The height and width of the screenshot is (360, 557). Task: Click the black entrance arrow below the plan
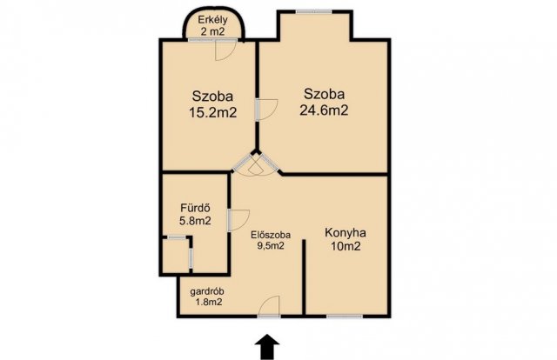267,346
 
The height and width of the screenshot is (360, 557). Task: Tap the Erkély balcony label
212,19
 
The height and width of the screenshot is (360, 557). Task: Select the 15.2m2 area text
212,112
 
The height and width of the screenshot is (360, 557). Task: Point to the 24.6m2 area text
324,110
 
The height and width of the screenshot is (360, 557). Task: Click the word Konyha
346,233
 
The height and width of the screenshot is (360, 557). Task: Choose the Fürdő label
195,207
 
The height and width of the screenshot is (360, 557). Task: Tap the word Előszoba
271,235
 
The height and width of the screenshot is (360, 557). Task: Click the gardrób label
207,292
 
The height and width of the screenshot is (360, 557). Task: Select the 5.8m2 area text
195,221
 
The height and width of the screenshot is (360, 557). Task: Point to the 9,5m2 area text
271,245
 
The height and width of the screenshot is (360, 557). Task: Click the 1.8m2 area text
209,302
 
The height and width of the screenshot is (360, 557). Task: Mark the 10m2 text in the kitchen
346,246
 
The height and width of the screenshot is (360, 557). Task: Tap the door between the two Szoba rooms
266,110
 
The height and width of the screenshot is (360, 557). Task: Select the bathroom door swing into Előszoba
238,221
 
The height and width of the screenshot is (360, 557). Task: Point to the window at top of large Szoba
314,11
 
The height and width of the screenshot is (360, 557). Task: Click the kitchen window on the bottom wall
345,316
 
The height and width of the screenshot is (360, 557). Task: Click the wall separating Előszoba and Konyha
304,277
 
